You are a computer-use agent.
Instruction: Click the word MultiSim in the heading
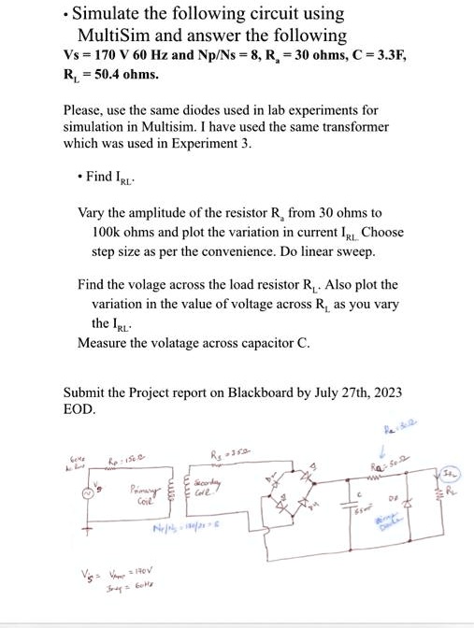[x=111, y=36]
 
